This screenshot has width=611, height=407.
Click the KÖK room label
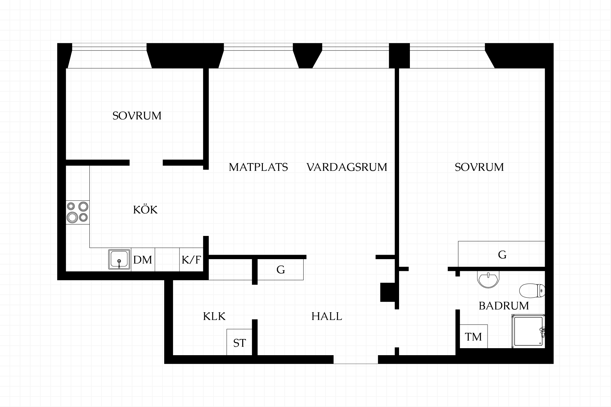(x=145, y=210)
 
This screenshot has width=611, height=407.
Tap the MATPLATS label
(x=258, y=167)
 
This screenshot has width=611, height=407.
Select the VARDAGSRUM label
(x=347, y=167)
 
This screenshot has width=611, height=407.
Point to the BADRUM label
(x=504, y=306)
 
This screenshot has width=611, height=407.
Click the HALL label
(x=327, y=316)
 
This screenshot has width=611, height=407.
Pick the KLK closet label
(x=214, y=316)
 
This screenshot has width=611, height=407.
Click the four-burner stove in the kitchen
(x=78, y=212)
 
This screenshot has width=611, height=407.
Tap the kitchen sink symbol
(x=119, y=259)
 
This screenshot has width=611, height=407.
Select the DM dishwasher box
(x=143, y=260)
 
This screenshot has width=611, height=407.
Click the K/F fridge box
(x=191, y=260)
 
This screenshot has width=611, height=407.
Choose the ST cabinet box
(x=239, y=342)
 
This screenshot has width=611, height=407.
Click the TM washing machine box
(x=474, y=336)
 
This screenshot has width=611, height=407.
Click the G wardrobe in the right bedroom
(x=502, y=254)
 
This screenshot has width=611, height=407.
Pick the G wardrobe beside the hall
(x=280, y=270)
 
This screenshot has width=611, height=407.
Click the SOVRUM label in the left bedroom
(x=137, y=116)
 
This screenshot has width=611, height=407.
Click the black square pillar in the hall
(x=388, y=292)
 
